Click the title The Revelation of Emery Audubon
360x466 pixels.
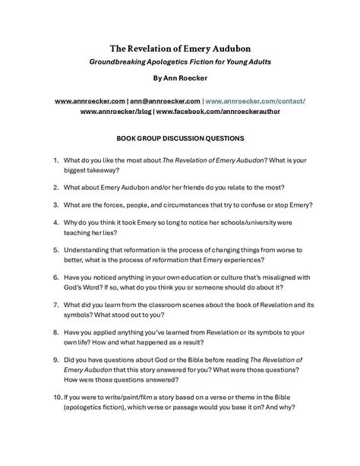click(x=180, y=46)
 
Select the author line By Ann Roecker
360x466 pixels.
click(x=180, y=78)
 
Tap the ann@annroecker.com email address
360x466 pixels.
click(x=166, y=100)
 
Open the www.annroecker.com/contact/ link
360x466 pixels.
click(x=255, y=100)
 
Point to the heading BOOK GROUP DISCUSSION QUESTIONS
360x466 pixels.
click(x=180, y=139)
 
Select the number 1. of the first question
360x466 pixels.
click(x=55, y=161)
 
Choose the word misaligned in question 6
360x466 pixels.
click(x=279, y=277)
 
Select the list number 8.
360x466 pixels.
click(x=55, y=332)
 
